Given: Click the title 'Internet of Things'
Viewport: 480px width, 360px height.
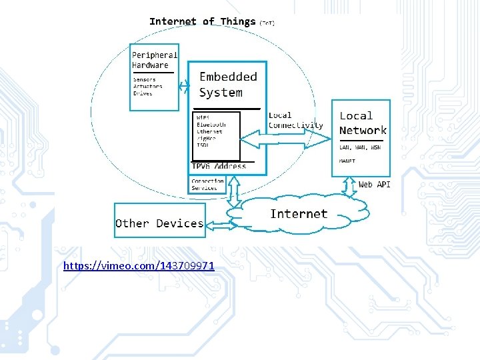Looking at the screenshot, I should pos(202,21).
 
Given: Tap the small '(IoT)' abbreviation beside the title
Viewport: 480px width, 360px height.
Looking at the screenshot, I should pos(267,23).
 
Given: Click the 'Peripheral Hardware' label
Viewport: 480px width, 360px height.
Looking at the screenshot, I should pos(154,60).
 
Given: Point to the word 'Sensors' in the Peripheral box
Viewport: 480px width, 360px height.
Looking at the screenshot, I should pos(145,79).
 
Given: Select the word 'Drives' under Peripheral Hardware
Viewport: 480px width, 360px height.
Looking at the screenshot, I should pos(143,93).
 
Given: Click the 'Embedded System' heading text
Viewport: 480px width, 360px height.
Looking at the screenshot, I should pos(228,85).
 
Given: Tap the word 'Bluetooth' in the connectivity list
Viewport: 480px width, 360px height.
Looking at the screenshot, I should pos(211,125).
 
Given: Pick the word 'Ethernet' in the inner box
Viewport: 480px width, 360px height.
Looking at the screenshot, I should pos(209,131).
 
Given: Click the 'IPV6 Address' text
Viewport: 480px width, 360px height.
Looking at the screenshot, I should pos(219,166).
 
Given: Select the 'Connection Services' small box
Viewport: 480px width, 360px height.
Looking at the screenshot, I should pos(207,184).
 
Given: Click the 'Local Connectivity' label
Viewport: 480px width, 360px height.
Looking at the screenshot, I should pos(295,120).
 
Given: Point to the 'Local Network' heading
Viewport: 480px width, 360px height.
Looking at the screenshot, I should pos(362,123).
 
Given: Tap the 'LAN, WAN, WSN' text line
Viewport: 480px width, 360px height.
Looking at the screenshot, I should pos(360,147).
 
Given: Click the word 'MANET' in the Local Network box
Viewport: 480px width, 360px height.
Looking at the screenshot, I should pos(347,161).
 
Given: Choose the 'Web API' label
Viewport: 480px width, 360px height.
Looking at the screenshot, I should pos(375,184).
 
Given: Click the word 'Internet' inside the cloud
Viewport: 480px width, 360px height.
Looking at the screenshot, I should pos(299,214).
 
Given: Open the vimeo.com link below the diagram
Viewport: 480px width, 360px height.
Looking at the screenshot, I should pos(139,266).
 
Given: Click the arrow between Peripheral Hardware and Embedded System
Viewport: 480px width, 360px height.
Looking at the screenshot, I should pos(184,85).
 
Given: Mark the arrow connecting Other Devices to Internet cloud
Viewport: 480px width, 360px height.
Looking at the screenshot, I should pos(217,220).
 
